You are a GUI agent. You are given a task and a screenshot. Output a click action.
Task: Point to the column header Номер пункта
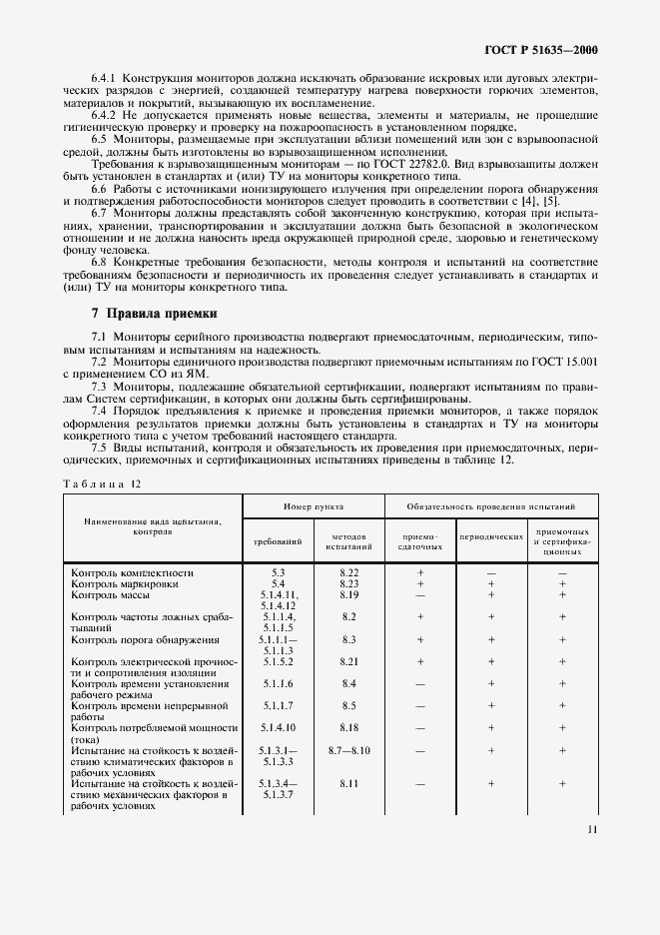point(313,507)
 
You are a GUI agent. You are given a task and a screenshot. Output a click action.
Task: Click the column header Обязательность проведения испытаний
point(489,507)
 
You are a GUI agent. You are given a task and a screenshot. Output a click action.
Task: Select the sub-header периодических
point(491,536)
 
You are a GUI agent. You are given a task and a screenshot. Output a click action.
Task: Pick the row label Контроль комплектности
point(132,572)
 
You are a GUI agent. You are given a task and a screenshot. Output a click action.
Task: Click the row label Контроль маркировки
point(126,582)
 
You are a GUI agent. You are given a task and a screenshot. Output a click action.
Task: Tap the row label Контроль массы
point(112,593)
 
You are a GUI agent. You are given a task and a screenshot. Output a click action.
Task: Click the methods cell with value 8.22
point(348,572)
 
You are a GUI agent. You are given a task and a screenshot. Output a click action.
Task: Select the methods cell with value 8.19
point(348,593)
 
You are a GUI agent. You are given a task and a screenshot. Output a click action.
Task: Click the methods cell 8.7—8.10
point(348,749)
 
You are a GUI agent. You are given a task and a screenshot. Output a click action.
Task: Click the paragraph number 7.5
point(98,448)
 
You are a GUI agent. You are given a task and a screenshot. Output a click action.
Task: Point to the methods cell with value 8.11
point(348,784)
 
